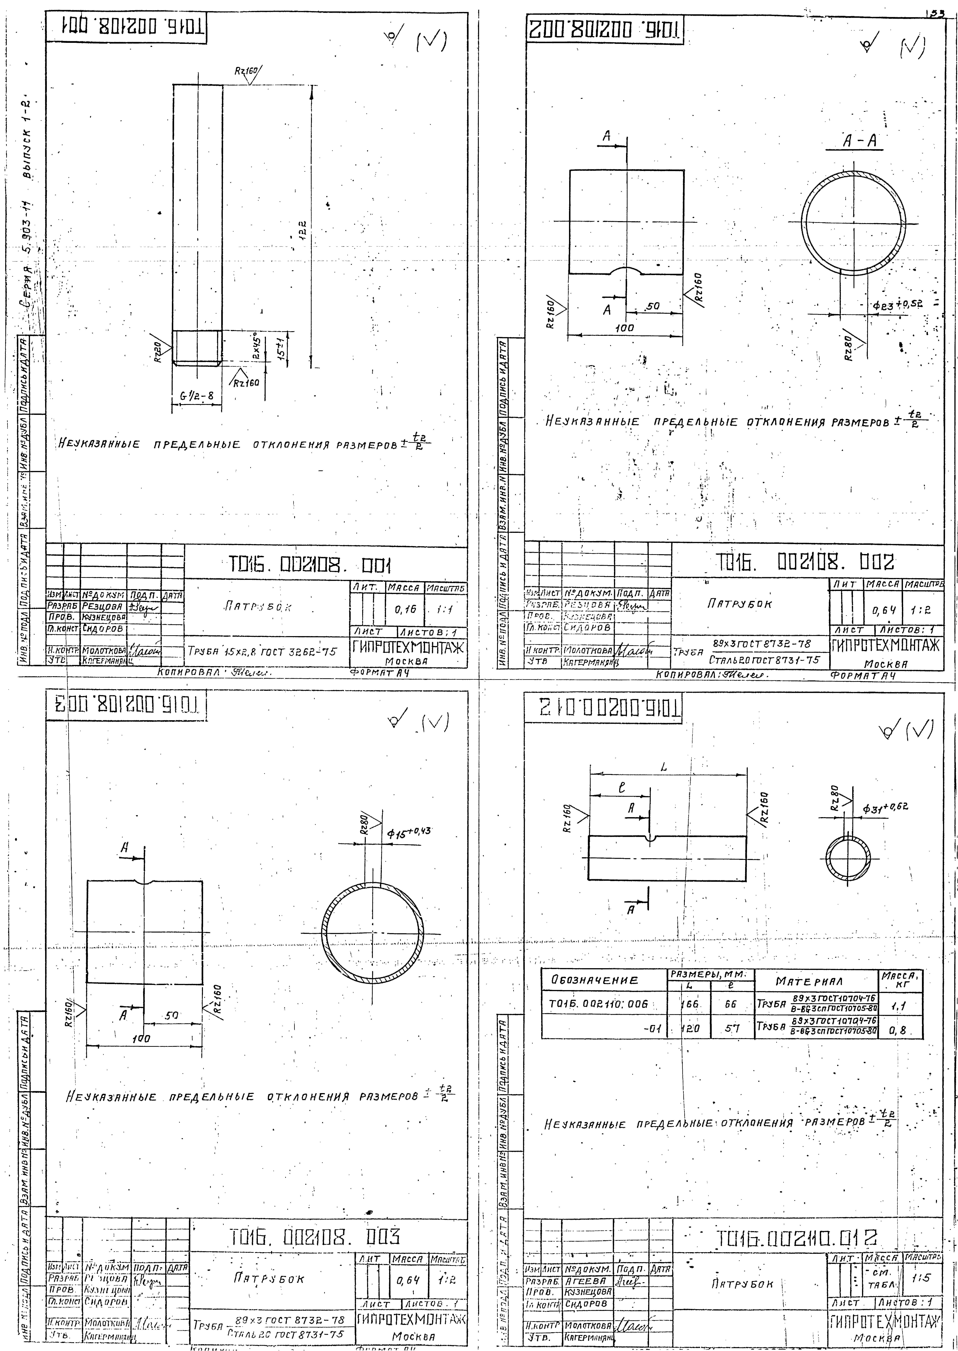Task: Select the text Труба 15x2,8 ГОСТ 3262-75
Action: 263,652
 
